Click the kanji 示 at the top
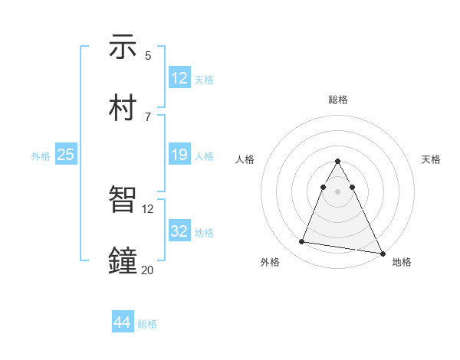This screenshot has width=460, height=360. tap(123, 47)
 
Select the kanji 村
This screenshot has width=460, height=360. tap(123, 107)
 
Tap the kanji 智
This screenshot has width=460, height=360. tap(123, 201)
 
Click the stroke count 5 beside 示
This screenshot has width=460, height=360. tap(148, 55)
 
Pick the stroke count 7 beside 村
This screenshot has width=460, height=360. tap(148, 116)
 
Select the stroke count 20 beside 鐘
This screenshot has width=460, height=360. tap(147, 269)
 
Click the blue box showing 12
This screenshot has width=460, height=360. tap(179, 78)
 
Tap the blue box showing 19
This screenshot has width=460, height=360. tap(179, 155)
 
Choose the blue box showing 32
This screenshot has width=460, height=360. tap(179, 231)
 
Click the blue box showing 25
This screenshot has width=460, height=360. tap(66, 155)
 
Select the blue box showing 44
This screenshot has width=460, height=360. tap(123, 322)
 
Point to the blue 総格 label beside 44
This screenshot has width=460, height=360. tap(147, 324)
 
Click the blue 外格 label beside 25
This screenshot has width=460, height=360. tap(41, 156)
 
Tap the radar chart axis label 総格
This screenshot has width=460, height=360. tap(337, 100)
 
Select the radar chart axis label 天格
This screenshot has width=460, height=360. tap(431, 159)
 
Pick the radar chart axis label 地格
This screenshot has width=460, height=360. tap(402, 262)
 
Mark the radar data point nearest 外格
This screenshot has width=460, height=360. tap(302, 242)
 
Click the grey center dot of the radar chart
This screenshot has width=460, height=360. tap(337, 191)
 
